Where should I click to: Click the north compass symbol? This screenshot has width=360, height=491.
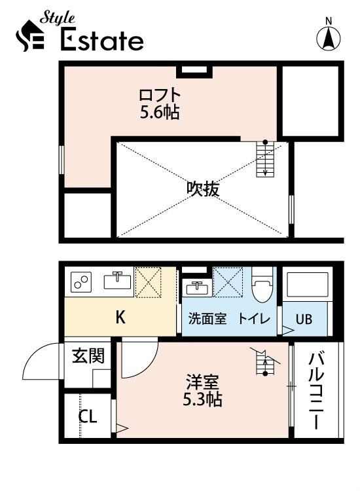[x=329, y=37]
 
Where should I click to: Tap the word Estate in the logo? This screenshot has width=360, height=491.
[x=102, y=41]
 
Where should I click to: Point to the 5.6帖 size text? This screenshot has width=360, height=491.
[x=160, y=112]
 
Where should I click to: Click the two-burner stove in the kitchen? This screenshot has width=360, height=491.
[x=82, y=282]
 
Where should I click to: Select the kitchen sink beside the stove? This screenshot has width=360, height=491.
[x=118, y=281]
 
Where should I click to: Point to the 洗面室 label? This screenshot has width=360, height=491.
[x=207, y=319]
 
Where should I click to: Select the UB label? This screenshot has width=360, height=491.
[x=304, y=320]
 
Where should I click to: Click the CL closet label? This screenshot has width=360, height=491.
[x=88, y=417]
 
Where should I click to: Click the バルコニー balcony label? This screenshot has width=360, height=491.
[x=316, y=390]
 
